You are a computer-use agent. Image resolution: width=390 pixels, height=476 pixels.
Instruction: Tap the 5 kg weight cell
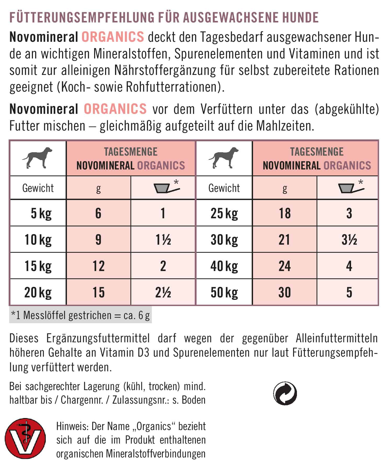[41, 213]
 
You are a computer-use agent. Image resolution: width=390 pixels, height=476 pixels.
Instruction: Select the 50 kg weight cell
[224, 292]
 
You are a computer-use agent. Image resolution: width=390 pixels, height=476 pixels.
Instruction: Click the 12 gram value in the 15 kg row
[98, 266]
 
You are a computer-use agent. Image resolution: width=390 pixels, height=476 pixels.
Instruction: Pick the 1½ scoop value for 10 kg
[163, 240]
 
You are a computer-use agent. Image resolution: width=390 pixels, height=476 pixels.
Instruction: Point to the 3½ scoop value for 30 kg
[349, 240]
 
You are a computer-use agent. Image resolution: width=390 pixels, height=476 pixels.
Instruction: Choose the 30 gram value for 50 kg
[284, 292]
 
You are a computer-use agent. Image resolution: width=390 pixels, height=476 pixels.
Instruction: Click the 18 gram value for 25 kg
[284, 213]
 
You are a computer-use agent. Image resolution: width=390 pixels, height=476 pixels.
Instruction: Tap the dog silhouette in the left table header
[38, 157]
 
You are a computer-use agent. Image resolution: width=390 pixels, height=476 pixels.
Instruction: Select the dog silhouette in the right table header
[224, 157]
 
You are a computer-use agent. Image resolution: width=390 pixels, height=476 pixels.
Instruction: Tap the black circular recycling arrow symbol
[285, 393]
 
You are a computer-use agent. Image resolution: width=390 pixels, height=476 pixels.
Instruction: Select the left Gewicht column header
[38, 188]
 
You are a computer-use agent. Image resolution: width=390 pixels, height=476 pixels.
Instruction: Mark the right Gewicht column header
[224, 188]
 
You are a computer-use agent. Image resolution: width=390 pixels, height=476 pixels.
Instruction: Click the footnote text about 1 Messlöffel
[81, 315]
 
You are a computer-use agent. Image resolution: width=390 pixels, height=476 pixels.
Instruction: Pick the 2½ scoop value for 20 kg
[163, 292]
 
